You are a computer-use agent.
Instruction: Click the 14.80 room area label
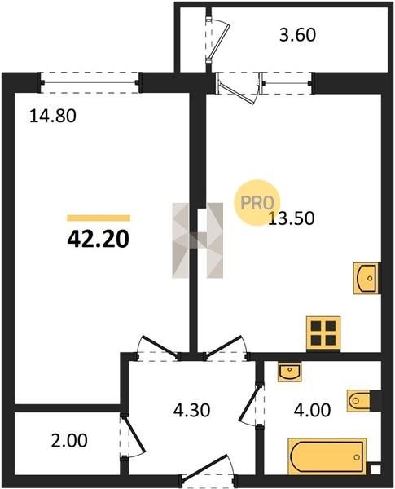pyautogui.click(x=53, y=117)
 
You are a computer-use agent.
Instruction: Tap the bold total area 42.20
pyautogui.click(x=98, y=240)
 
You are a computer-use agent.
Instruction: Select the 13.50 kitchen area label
pyautogui.click(x=292, y=218)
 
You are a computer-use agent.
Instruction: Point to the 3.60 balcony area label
pyautogui.click(x=297, y=34)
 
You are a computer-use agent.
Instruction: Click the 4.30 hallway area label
pyautogui.click(x=191, y=410)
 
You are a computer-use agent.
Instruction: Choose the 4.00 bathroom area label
pyautogui.click(x=312, y=410)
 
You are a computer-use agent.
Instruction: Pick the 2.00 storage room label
pyautogui.click(x=69, y=441)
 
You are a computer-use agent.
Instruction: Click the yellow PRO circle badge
pyautogui.click(x=257, y=202)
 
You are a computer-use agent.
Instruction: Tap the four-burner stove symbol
pyautogui.click(x=323, y=333)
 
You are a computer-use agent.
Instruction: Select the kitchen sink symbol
pyautogui.click(x=366, y=278)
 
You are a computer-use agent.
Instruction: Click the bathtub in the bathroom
pyautogui.click(x=327, y=456)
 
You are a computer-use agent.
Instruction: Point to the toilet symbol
pyautogui.click(x=358, y=399)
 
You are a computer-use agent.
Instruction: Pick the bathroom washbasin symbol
pyautogui.click(x=290, y=372)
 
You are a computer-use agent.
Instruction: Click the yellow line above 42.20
pyautogui.click(x=99, y=218)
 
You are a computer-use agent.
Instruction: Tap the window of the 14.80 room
pyautogui.click(x=90, y=82)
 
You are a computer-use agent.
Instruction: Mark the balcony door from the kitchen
pyautogui.click(x=239, y=88)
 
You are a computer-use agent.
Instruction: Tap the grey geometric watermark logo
pyautogui.click(x=198, y=240)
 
